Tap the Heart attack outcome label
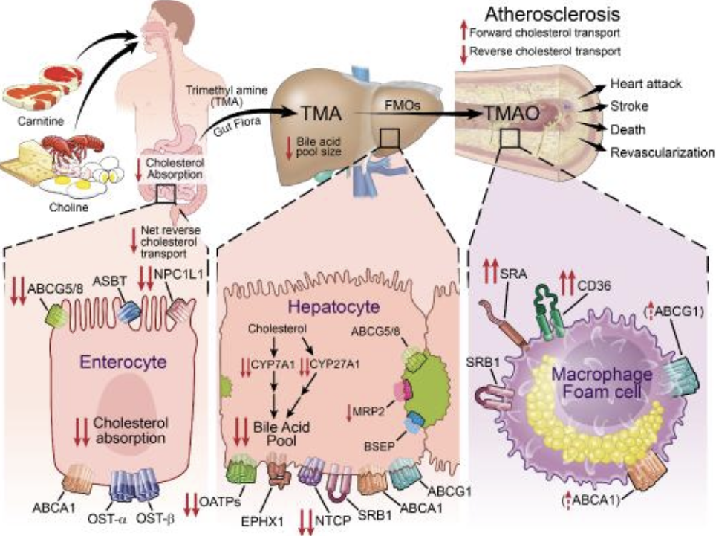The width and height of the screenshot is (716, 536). click(645, 84)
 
